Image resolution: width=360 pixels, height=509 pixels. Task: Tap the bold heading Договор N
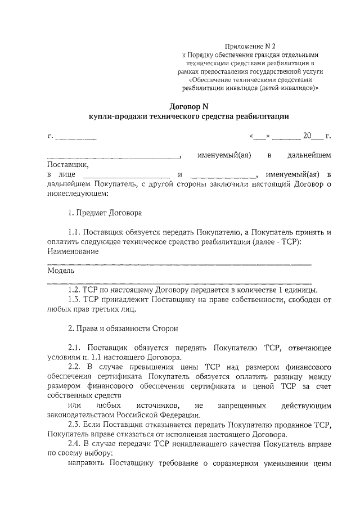pyautogui.click(x=188, y=105)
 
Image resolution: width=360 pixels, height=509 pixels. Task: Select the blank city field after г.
pyautogui.click(x=76, y=137)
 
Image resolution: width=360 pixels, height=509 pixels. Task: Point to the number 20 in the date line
pyautogui.click(x=307, y=136)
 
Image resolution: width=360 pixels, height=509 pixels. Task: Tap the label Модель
pyautogui.click(x=58, y=271)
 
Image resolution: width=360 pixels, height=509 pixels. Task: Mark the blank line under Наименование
pyautogui.click(x=179, y=263)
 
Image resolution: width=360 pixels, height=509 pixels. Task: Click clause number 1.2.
pyautogui.click(x=74, y=290)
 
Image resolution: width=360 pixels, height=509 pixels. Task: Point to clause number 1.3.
pyautogui.click(x=74, y=299)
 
